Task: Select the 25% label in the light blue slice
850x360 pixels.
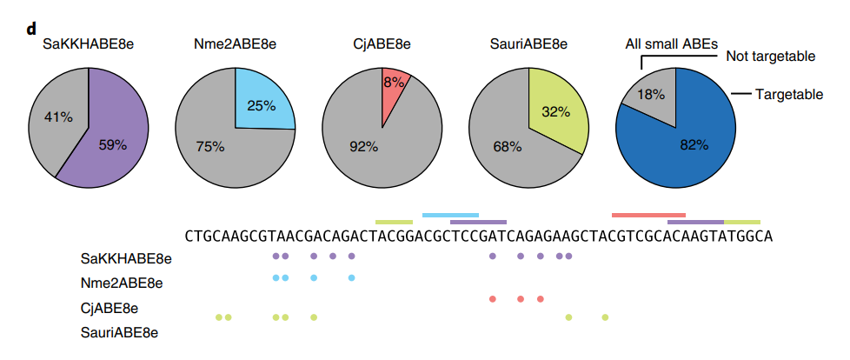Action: pos(262,105)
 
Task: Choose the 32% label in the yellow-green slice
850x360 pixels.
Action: pos(555,112)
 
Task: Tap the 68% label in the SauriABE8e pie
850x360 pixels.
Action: pos(507,147)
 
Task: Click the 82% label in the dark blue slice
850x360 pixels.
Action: pos(694,144)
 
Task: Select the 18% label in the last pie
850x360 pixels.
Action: pos(650,94)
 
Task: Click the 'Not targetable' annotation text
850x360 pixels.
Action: pos(770,56)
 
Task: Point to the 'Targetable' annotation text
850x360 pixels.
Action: pos(789,95)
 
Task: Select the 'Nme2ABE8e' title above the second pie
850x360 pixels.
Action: pos(235,44)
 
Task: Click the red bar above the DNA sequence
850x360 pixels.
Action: pos(648,216)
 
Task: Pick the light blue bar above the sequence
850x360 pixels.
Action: pos(450,216)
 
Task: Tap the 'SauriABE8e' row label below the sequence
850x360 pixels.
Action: pos(119,332)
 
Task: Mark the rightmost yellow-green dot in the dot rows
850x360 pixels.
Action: pos(605,317)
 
